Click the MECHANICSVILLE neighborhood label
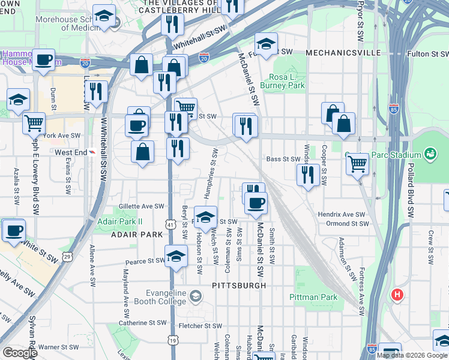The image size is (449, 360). [343, 53]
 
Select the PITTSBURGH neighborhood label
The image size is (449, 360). [240, 286]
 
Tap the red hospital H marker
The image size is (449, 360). [396, 295]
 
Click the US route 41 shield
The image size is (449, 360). [171, 224]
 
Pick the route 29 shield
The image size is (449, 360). [68, 257]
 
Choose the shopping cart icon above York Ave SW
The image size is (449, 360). [34, 124]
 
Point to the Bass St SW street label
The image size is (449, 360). [283, 159]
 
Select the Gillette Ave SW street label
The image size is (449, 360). [142, 206]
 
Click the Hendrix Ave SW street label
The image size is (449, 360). [342, 214]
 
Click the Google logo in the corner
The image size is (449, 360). [20, 353]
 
